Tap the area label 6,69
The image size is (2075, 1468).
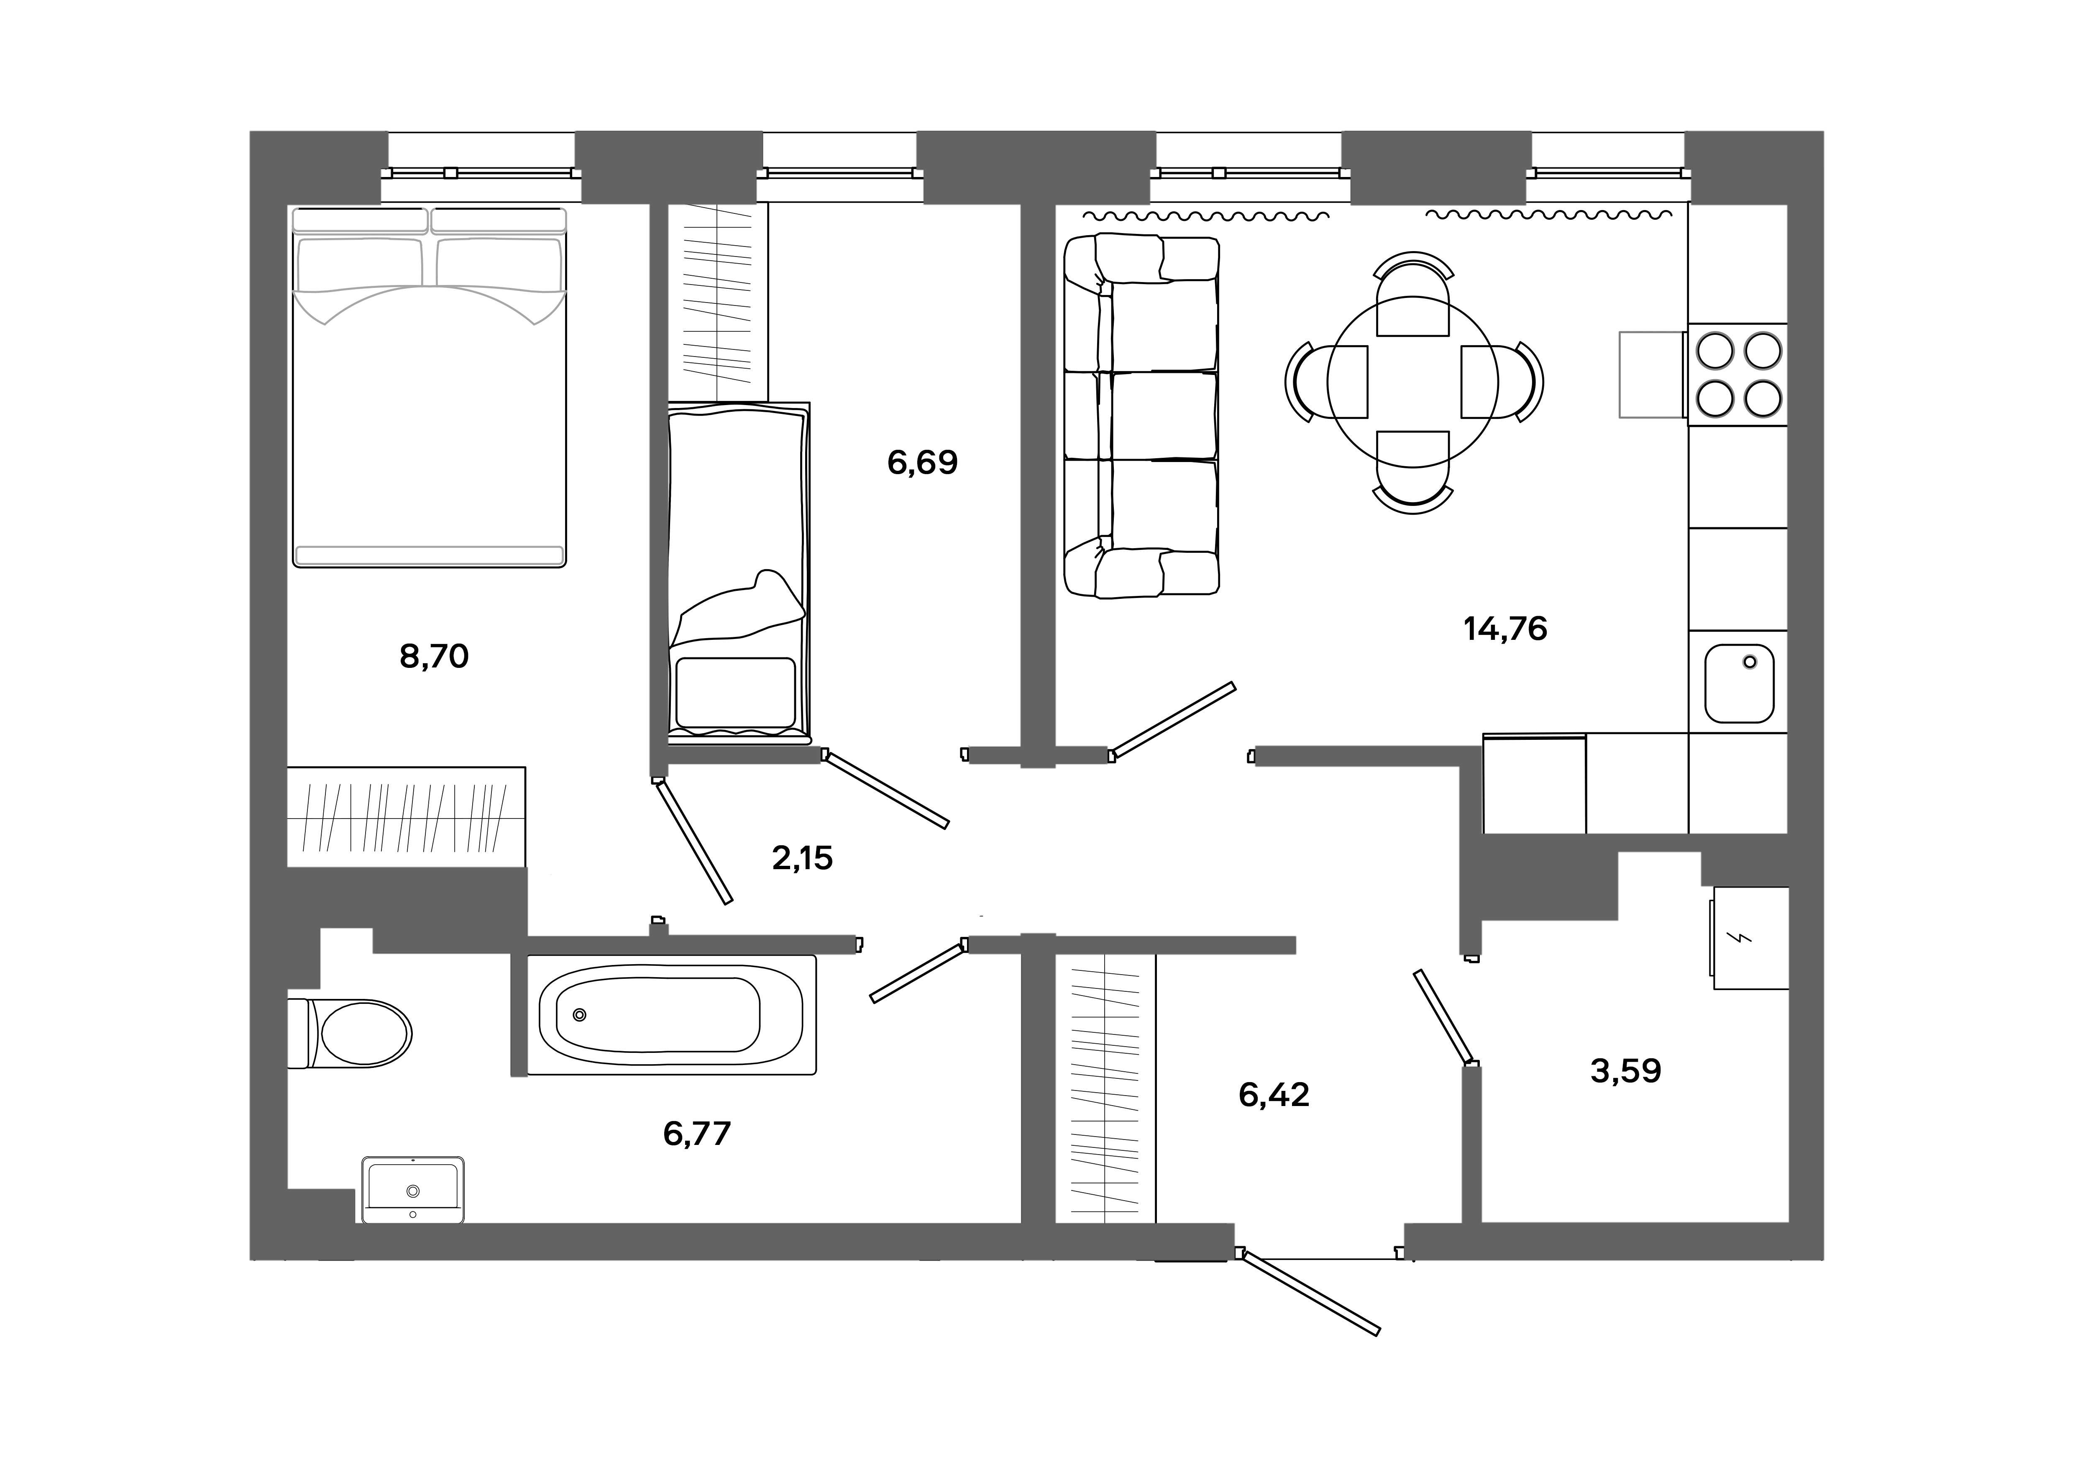coord(922,463)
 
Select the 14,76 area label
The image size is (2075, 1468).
coord(1505,628)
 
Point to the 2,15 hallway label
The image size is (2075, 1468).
coord(802,858)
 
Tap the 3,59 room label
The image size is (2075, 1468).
coord(1625,1071)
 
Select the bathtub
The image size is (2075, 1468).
coord(670,1014)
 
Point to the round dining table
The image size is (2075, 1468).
coord(1412,383)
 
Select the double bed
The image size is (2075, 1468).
coord(429,387)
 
